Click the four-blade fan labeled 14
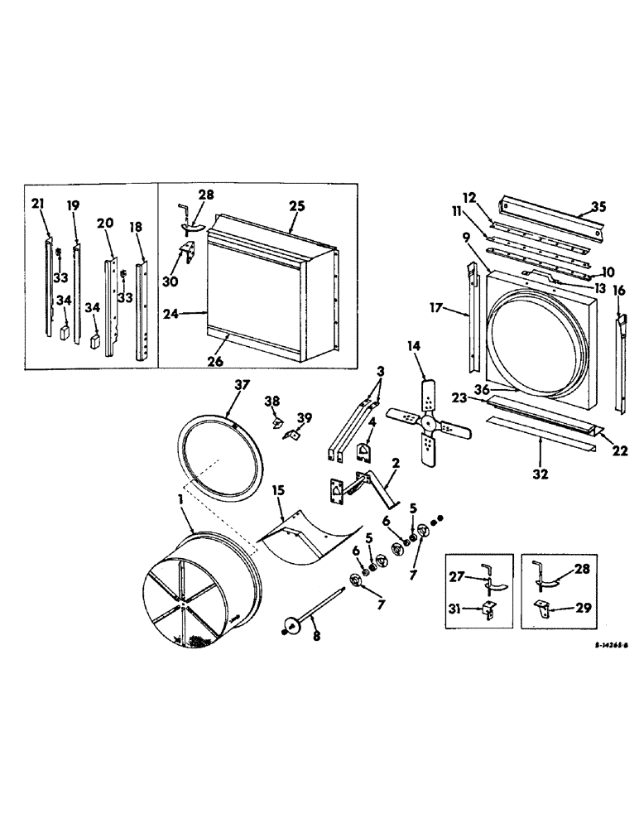click(x=428, y=422)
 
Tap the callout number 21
click(x=37, y=204)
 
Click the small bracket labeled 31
click(x=488, y=609)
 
